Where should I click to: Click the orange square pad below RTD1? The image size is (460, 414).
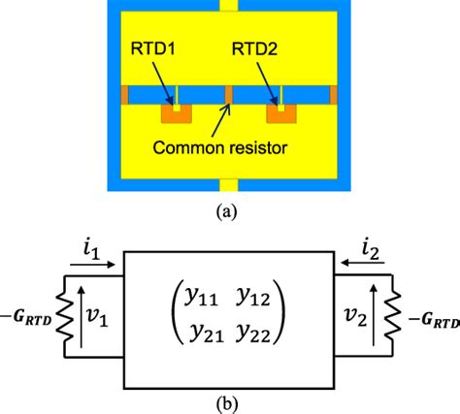tap(176, 114)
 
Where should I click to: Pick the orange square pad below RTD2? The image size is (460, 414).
tap(281, 114)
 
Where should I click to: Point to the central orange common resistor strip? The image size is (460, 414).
tap(229, 95)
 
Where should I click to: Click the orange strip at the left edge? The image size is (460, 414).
tap(125, 95)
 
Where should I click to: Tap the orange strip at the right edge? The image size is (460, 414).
tap(334, 95)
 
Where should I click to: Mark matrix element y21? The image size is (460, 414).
tap(200, 333)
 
